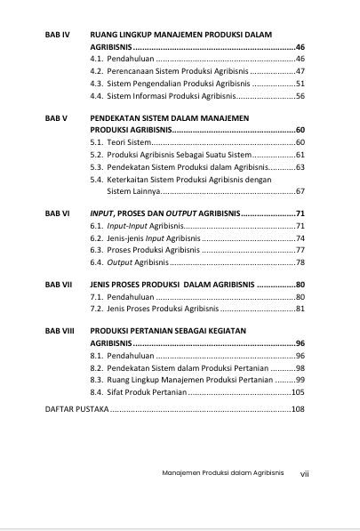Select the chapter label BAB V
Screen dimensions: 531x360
click(x=56, y=117)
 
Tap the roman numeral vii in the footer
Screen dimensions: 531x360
click(x=304, y=473)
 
